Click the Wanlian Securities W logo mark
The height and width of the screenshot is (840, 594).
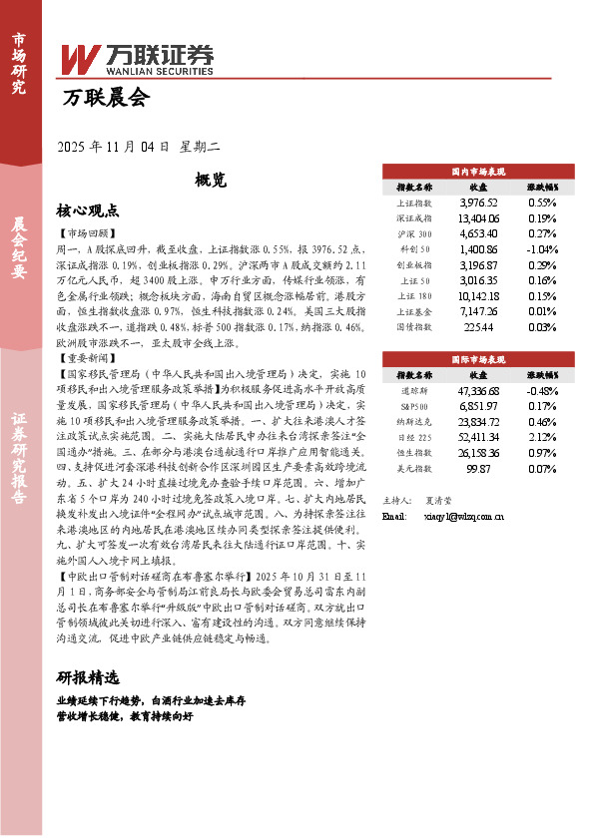(80, 57)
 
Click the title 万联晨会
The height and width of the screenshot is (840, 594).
(105, 98)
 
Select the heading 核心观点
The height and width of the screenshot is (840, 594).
(88, 211)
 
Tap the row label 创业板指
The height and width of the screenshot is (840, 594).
(414, 264)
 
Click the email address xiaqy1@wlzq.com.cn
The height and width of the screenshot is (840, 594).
(459, 516)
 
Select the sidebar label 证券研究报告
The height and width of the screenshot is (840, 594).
(19, 469)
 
